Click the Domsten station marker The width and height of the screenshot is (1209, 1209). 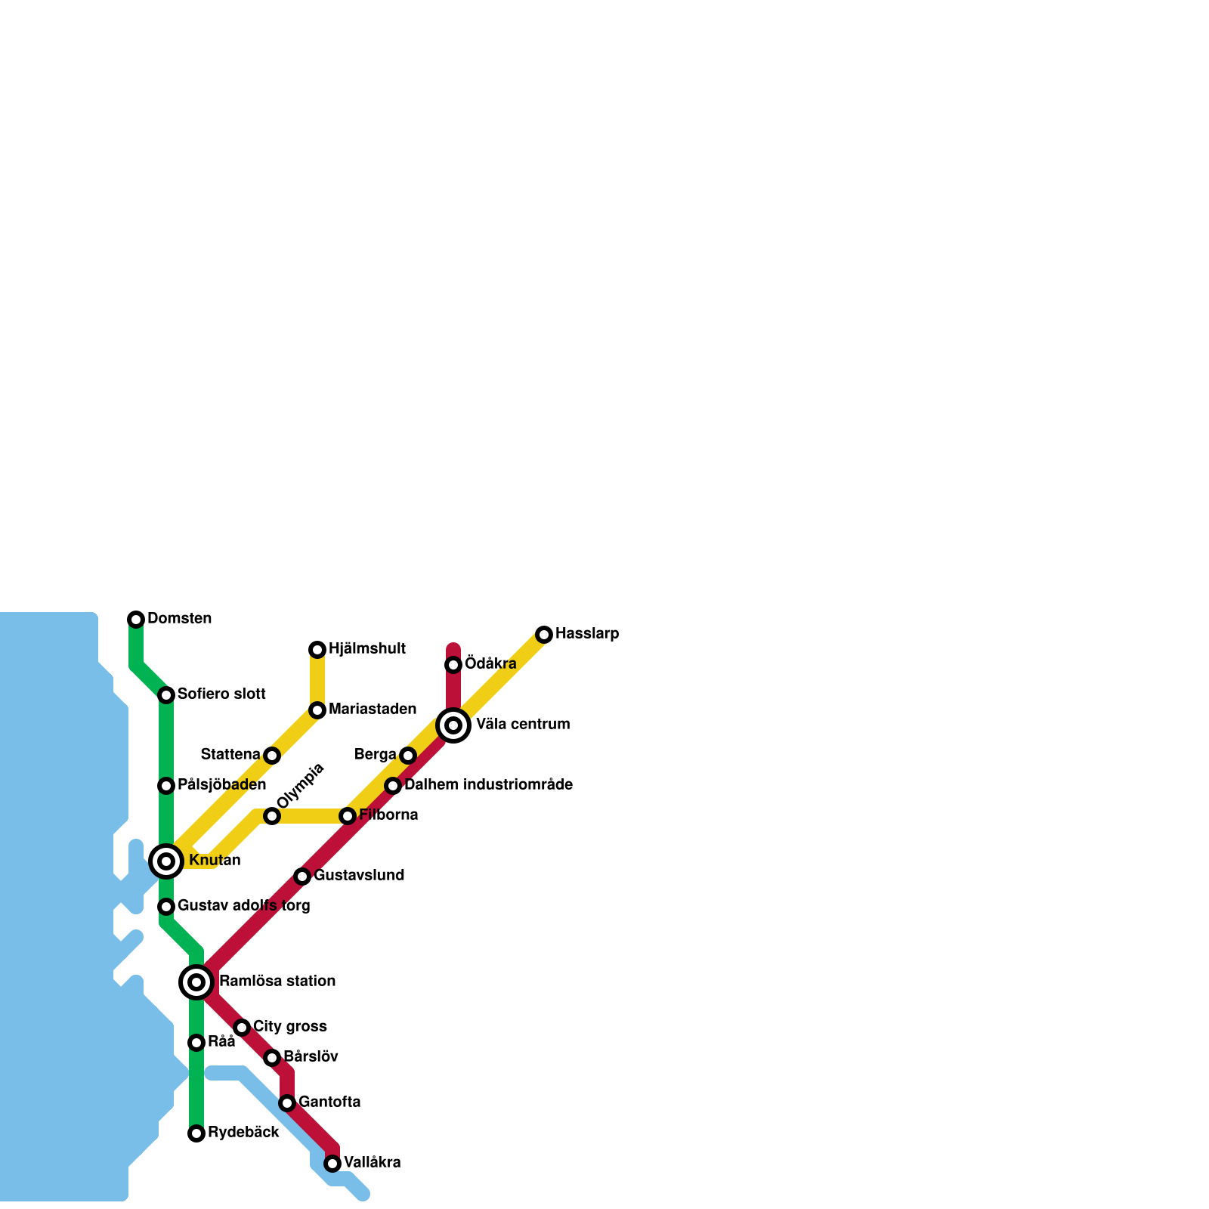(136, 620)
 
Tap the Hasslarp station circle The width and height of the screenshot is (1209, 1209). (544, 635)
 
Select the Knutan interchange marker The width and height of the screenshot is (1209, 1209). (166, 861)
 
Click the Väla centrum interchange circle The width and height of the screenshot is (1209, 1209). (453, 725)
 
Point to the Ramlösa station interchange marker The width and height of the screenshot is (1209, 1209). (196, 982)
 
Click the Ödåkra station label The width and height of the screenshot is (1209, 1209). (490, 664)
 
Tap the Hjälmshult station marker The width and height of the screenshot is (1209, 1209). (317, 650)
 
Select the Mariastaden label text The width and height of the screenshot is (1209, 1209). (373, 710)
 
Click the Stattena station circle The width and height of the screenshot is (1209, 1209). (272, 756)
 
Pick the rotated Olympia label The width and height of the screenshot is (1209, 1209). (300, 786)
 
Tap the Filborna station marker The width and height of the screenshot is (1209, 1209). (348, 816)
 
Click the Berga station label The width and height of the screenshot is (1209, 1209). (375, 755)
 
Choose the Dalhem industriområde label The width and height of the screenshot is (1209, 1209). (488, 785)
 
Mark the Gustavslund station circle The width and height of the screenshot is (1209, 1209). (302, 877)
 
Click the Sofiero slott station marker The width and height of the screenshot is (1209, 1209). (166, 695)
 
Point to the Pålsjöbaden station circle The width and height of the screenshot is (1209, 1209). (166, 786)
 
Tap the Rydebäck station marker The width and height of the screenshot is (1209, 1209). (196, 1133)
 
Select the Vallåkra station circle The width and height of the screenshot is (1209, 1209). (332, 1164)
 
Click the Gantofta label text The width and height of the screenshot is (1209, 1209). (329, 1102)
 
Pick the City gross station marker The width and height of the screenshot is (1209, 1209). (242, 1028)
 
